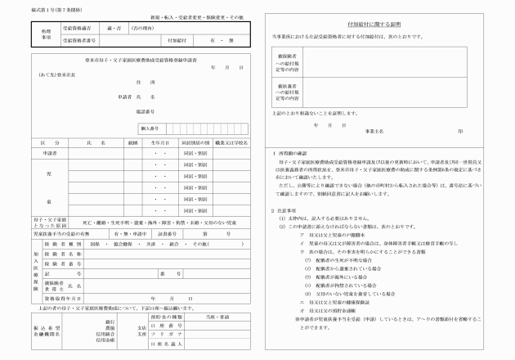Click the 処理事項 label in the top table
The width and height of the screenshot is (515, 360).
(x=47, y=33)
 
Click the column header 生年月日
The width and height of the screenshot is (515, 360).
(x=159, y=142)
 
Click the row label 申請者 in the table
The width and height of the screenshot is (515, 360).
(x=49, y=152)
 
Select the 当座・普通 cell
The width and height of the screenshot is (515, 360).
(x=217, y=315)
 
